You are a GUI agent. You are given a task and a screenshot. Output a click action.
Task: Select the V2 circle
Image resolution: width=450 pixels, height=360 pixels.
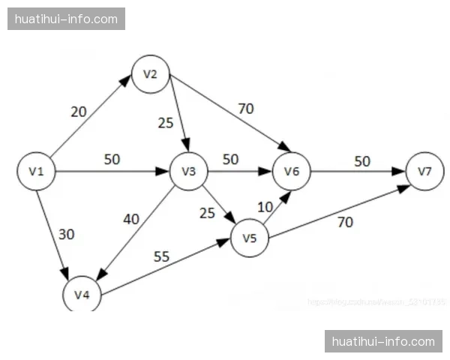point(151,73)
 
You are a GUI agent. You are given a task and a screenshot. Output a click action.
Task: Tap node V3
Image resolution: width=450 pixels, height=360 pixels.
point(189,171)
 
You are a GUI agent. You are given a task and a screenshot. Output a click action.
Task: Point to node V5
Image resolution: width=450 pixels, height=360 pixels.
point(250,238)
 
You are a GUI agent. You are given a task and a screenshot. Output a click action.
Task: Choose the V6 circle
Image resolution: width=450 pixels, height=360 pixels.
point(292,171)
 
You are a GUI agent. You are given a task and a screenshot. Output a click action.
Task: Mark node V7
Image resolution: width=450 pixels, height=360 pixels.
point(425,171)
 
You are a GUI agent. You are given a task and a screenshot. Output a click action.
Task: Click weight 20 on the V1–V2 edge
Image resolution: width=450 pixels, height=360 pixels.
point(79,112)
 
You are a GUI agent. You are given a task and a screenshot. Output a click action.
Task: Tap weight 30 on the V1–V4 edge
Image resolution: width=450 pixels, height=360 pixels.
point(67,233)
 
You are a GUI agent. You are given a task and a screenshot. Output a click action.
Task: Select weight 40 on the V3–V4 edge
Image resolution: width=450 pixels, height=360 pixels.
point(132,219)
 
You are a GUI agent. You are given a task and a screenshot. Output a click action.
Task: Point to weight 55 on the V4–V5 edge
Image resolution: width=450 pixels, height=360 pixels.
point(161,256)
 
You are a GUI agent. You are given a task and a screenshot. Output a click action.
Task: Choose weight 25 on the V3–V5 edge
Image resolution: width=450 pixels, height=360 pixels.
point(207,213)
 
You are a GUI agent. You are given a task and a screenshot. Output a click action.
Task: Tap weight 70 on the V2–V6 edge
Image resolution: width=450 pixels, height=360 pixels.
point(246,108)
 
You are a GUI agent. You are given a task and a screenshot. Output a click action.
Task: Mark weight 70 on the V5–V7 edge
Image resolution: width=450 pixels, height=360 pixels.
point(346,222)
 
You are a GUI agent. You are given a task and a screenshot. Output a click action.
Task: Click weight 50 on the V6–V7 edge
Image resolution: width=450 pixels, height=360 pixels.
point(362,161)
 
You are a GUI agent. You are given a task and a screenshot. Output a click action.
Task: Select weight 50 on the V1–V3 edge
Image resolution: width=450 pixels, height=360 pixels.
point(112,160)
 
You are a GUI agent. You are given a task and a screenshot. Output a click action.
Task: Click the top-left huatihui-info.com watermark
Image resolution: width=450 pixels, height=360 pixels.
point(66,19)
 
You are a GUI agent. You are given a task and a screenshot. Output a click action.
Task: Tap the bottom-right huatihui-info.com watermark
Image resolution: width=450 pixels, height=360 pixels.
point(383,341)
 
